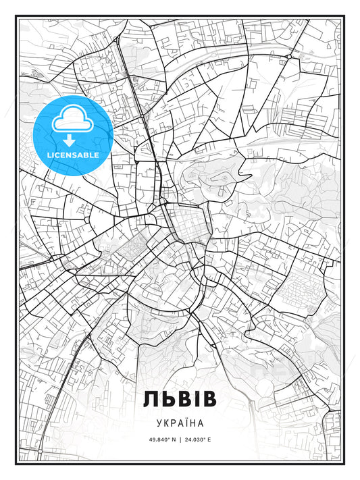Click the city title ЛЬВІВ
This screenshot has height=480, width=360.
click(x=180, y=399)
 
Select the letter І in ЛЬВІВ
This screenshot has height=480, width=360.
click(x=195, y=399)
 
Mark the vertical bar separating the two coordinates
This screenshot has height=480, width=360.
click(x=180, y=439)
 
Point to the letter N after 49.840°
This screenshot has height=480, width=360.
click(x=172, y=439)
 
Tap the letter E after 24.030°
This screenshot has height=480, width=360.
click(x=209, y=439)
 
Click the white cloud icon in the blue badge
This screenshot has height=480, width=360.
click(x=70, y=121)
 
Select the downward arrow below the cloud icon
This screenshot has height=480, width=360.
click(x=70, y=140)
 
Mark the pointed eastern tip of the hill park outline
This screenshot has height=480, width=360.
click(x=251, y=178)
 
